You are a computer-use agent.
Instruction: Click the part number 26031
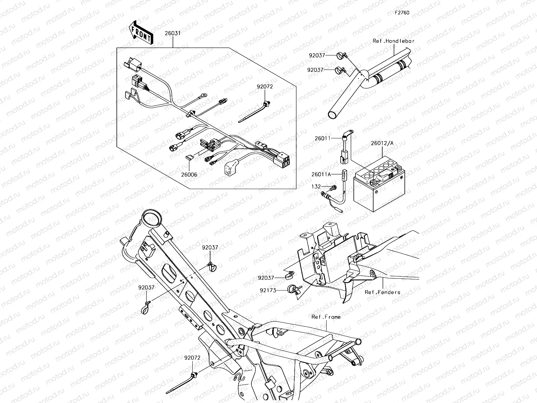tap(173, 34)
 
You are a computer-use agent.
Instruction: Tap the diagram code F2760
tap(402, 13)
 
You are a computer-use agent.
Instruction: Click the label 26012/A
tap(382, 143)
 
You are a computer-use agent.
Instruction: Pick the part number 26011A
tap(321, 174)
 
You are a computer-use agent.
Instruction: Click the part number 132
tap(316, 186)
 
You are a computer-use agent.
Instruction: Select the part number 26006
tap(189, 175)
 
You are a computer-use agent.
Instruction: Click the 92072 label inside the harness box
tap(265, 86)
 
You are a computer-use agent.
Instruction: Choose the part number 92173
tap(267, 290)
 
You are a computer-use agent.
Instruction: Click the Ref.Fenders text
tap(382, 292)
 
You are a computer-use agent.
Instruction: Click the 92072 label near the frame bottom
tap(192, 358)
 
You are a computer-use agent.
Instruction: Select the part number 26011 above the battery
tap(323, 138)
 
